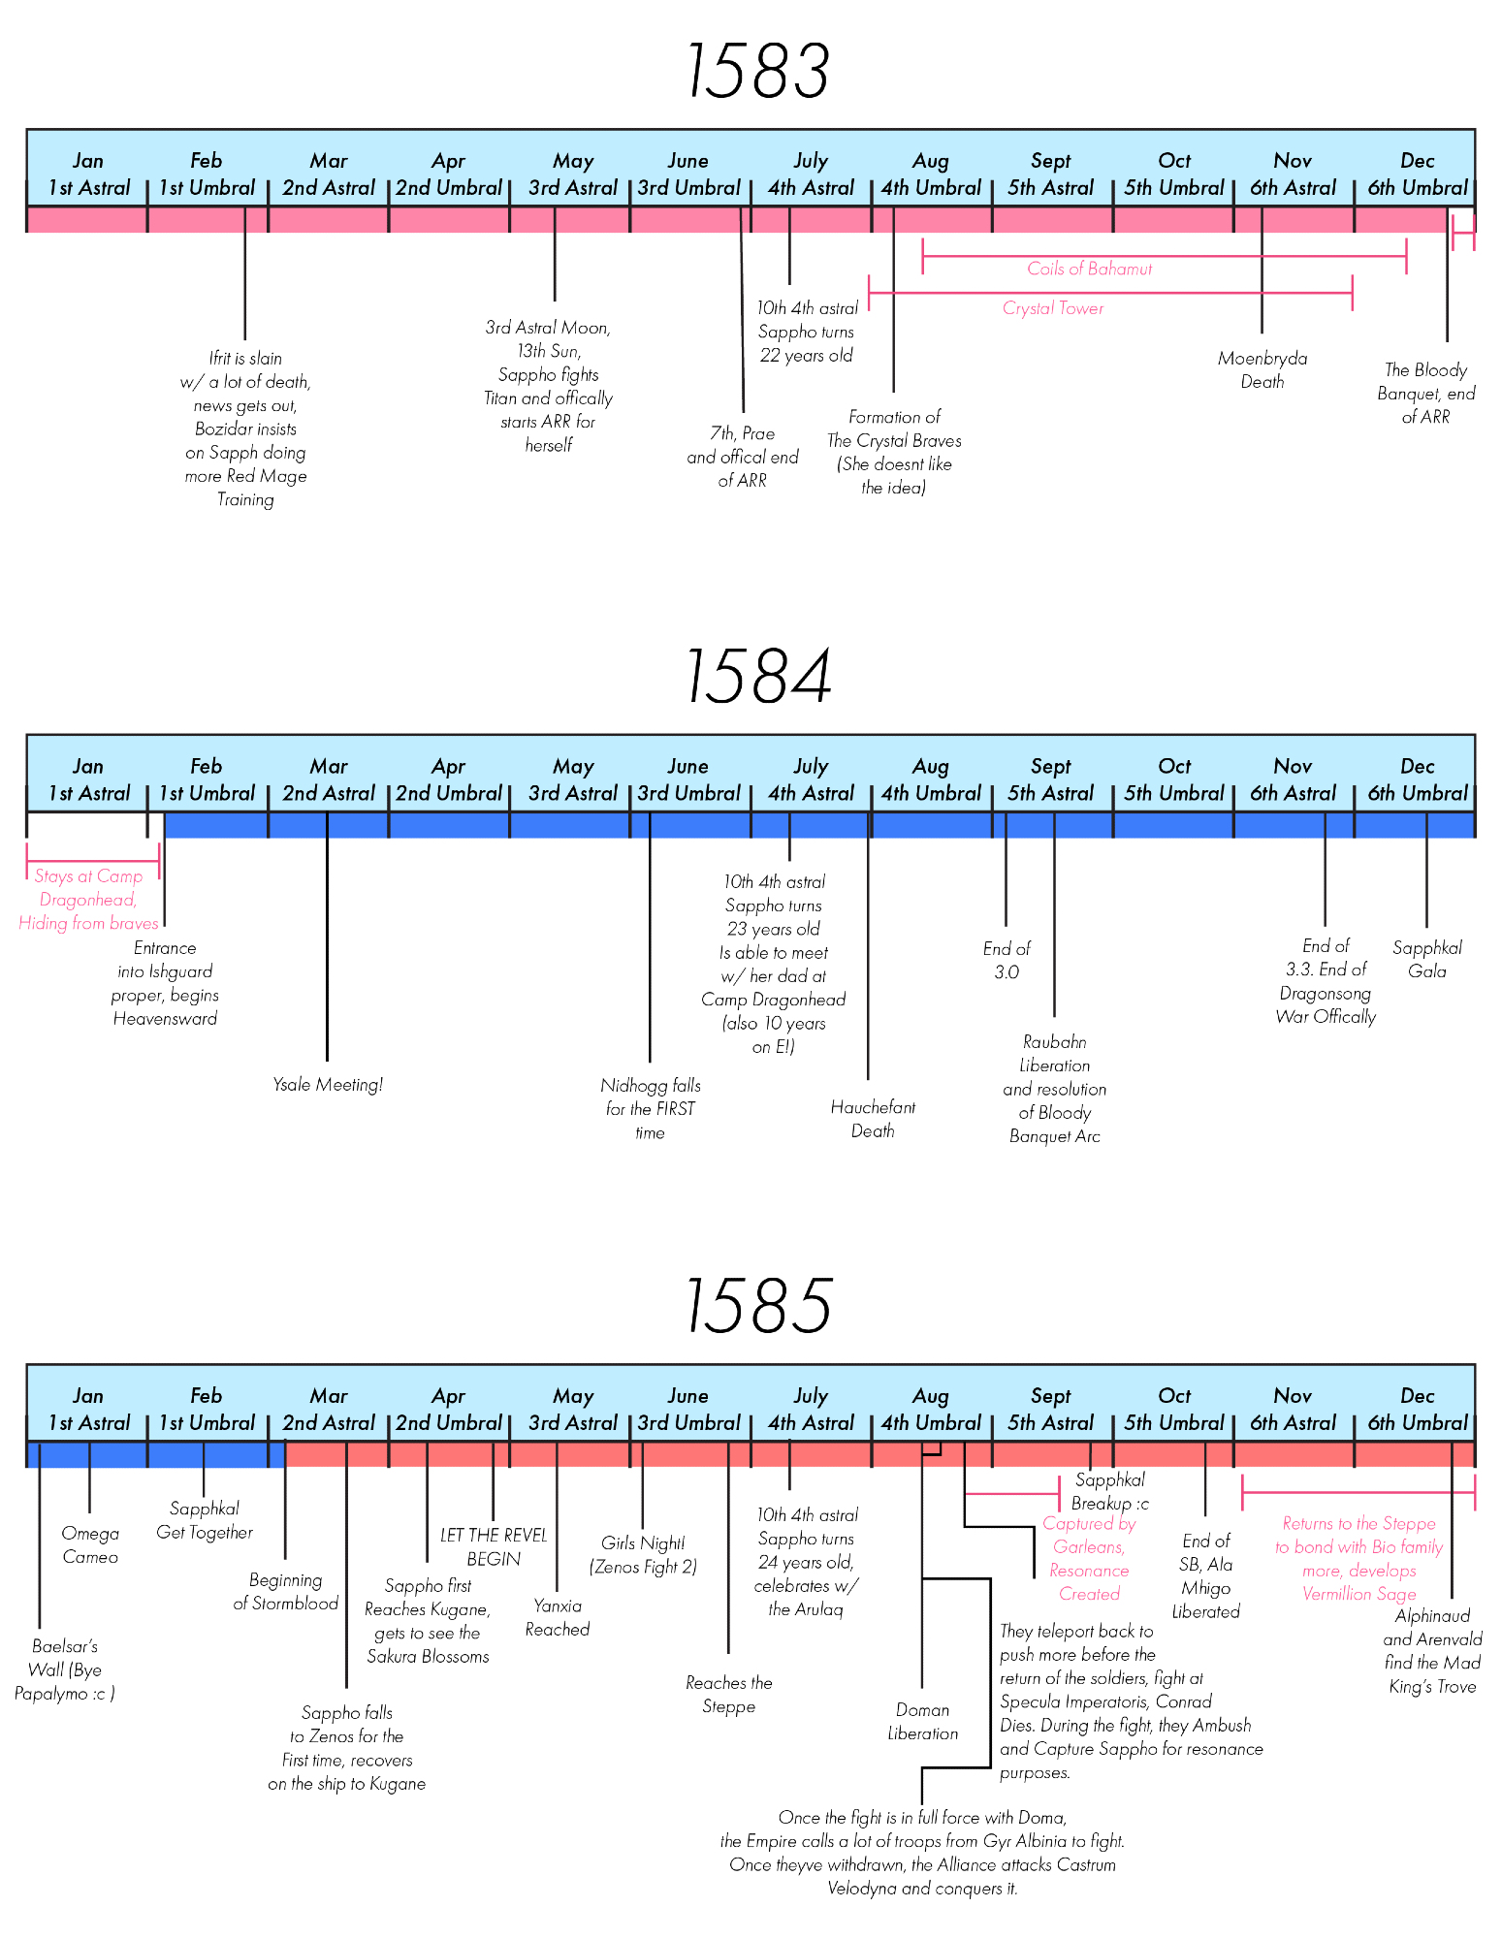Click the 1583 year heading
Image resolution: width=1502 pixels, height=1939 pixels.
coord(757,72)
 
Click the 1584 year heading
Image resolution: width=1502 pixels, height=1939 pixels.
coord(757,677)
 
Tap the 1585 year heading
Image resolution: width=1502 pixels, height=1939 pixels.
coord(757,1306)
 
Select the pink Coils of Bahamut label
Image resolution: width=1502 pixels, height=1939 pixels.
coord(1089,270)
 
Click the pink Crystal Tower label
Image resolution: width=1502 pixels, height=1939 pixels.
coord(1053,308)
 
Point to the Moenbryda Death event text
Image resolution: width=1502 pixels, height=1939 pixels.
coord(1262,370)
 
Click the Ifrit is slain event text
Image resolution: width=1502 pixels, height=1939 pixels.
coord(245,429)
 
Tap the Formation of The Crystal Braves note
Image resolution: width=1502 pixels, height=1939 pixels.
coord(894,452)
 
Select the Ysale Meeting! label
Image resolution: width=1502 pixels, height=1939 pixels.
coord(328,1085)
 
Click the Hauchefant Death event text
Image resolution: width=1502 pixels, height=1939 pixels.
coord(873,1119)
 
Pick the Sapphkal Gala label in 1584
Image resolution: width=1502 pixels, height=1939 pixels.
coord(1426,959)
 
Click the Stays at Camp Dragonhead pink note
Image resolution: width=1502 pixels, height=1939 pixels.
coord(88,900)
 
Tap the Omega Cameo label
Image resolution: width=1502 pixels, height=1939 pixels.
coord(90,1544)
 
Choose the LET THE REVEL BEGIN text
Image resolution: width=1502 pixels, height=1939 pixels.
coord(494,1546)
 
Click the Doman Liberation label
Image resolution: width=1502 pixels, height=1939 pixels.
coord(922,1721)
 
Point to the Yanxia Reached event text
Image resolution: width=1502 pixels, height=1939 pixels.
coord(558,1617)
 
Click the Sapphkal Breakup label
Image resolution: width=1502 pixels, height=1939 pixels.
coord(1110,1491)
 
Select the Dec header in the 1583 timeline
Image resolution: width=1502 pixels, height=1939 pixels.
coord(1418,161)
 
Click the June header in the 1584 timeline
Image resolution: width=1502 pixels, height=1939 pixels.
coord(688,766)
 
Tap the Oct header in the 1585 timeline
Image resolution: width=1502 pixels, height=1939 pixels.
coord(1174,1396)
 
